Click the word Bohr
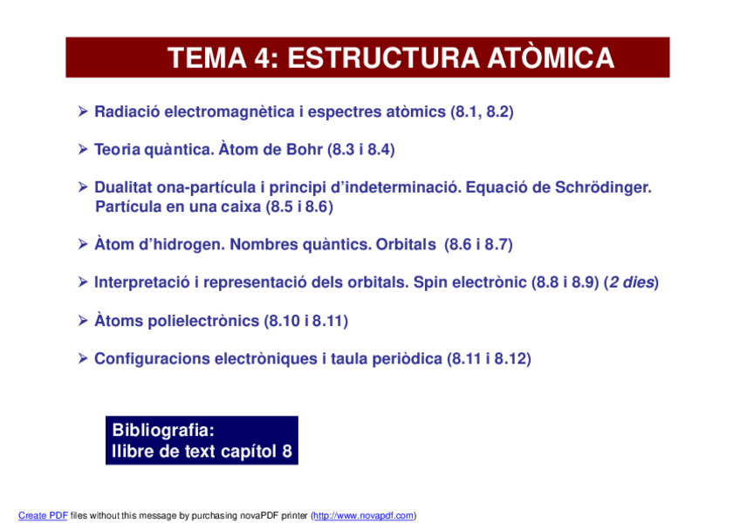pyautogui.click(x=305, y=150)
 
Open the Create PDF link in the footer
pyautogui.click(x=43, y=515)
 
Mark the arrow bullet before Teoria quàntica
pyautogui.click(x=84, y=150)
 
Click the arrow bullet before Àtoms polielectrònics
pyautogui.click(x=84, y=321)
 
